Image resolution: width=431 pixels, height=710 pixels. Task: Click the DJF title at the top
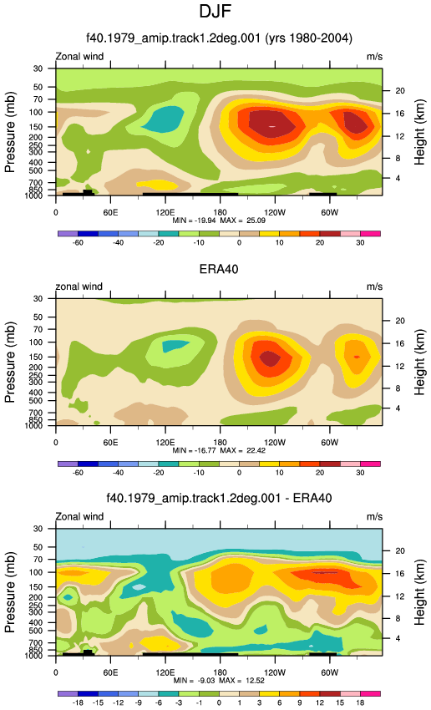(x=215, y=11)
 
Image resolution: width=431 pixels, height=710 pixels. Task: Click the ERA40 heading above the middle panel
(x=219, y=270)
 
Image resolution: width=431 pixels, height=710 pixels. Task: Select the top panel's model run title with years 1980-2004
(x=219, y=38)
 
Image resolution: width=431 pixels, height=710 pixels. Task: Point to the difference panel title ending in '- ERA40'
(x=219, y=498)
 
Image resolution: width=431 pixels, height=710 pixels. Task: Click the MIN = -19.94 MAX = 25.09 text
(x=219, y=221)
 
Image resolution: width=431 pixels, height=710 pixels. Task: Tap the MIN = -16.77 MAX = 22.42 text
(x=219, y=450)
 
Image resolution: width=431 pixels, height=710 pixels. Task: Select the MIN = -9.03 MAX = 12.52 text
(x=219, y=681)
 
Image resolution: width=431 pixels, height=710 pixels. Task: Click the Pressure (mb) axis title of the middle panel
(x=10, y=363)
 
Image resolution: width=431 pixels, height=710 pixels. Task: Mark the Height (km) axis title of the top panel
(x=419, y=132)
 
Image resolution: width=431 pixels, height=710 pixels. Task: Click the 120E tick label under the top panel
(x=165, y=212)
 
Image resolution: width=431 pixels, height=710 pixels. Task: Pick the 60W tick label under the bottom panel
(x=330, y=672)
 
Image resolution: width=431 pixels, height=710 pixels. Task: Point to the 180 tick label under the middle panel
(x=220, y=443)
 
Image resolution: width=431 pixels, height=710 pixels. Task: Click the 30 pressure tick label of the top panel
(x=38, y=68)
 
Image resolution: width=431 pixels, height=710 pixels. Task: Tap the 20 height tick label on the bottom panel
(x=400, y=551)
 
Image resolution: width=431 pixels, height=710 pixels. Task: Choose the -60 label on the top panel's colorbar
(x=78, y=243)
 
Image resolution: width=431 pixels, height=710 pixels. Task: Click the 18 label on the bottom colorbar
(x=360, y=702)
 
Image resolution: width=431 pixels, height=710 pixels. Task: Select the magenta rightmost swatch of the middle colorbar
(x=370, y=464)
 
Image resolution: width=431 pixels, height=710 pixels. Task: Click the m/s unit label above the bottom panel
(x=374, y=517)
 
